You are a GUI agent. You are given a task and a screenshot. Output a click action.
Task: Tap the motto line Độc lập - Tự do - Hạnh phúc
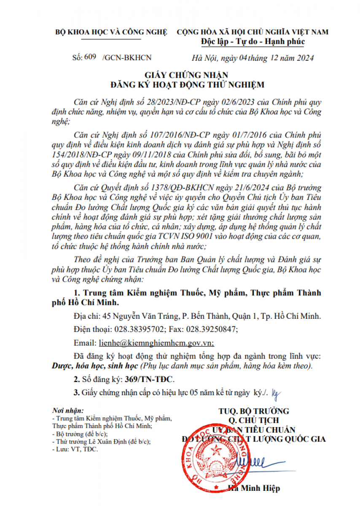pyautogui.click(x=253, y=42)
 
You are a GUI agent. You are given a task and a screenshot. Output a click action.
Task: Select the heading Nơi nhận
pyautogui.click(x=68, y=410)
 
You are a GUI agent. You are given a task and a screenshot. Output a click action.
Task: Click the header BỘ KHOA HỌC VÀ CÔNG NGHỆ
pyautogui.click(x=111, y=32)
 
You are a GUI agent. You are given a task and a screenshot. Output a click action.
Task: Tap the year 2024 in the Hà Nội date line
pyautogui.click(x=304, y=58)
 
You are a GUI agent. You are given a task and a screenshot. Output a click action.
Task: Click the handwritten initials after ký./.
pyautogui.click(x=276, y=392)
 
